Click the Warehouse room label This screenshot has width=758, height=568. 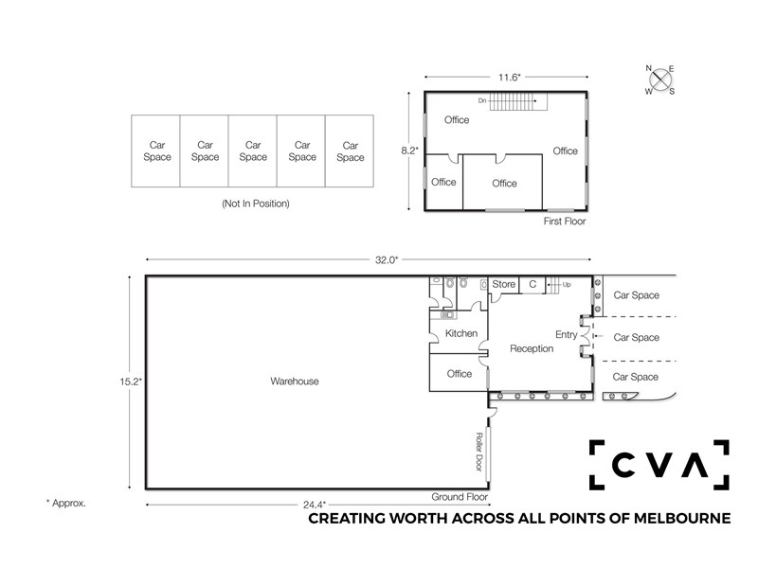295,382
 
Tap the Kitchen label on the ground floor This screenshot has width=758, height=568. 461,333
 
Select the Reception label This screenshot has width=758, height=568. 532,348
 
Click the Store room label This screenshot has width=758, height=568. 504,284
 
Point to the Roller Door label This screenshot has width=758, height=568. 479,452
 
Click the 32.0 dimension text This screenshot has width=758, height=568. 387,259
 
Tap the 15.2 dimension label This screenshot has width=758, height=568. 131,382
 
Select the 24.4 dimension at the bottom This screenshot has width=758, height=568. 315,505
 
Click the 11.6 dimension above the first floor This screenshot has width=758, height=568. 510,78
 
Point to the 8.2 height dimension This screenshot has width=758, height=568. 409,151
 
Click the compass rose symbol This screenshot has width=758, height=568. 660,80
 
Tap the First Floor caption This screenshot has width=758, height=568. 565,222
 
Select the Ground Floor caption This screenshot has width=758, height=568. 460,496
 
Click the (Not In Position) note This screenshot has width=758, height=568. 256,204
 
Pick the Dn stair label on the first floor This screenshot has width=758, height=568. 482,101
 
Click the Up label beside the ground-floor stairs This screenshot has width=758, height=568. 567,285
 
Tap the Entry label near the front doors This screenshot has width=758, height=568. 566,334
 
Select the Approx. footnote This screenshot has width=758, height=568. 65,503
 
